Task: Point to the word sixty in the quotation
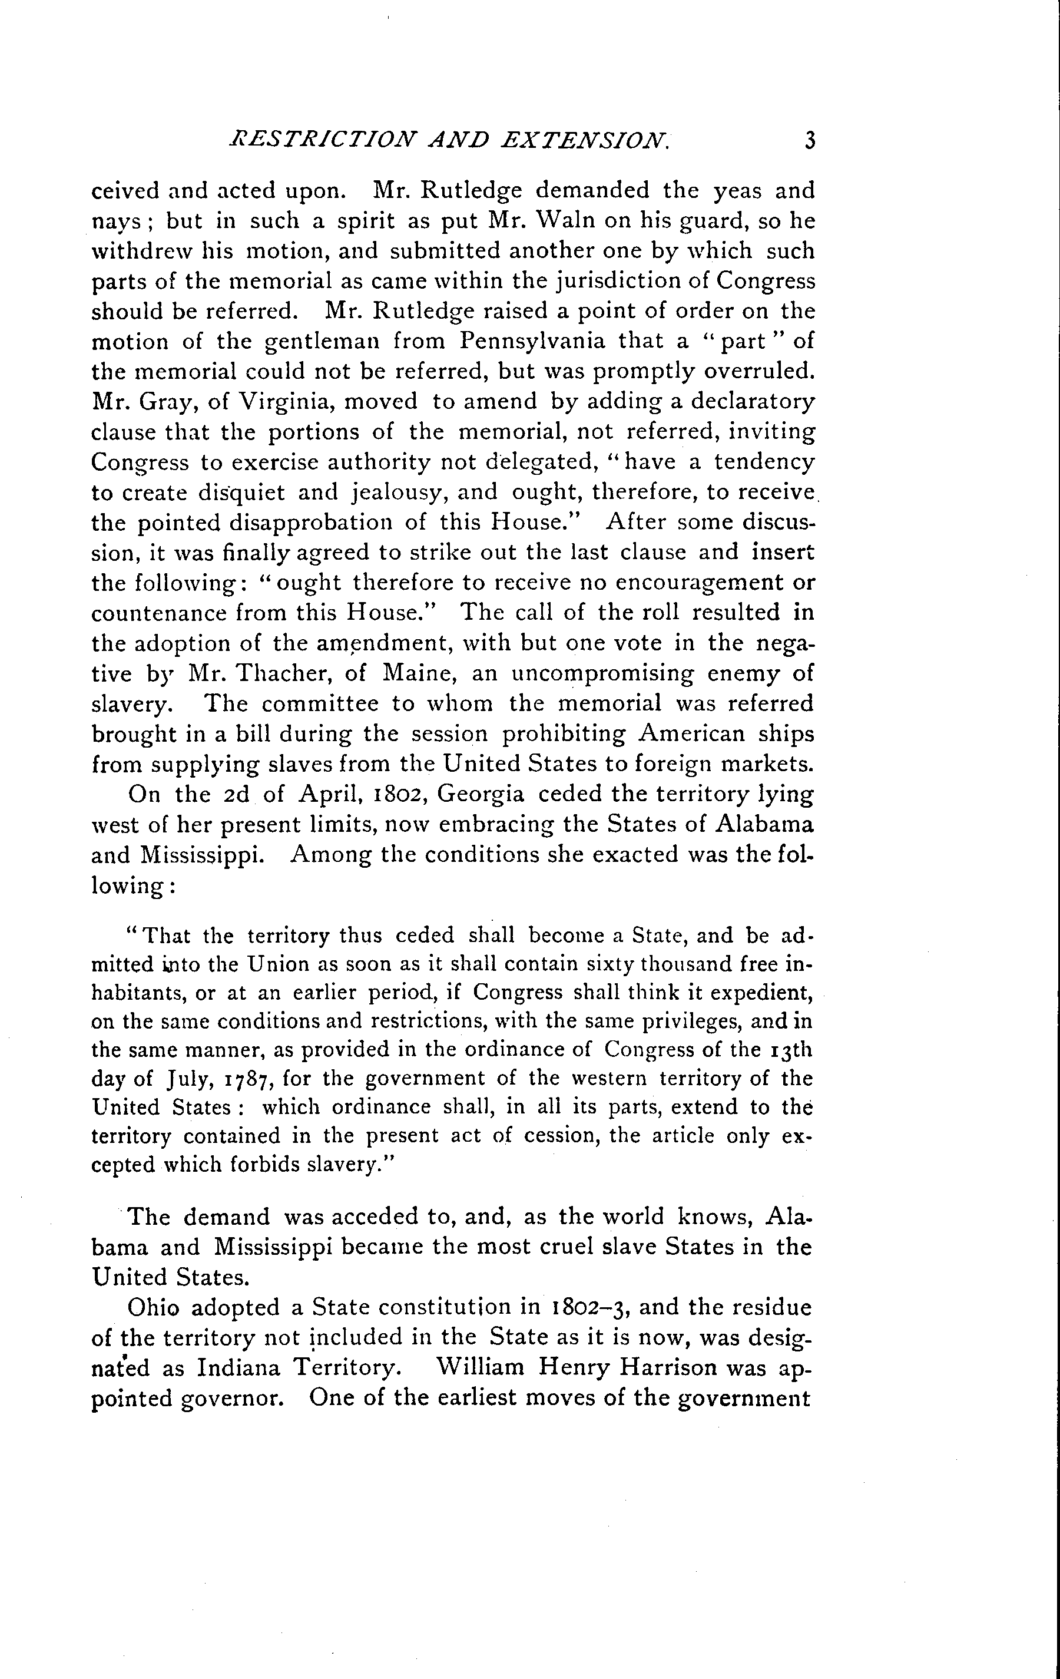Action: coord(604,964)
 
